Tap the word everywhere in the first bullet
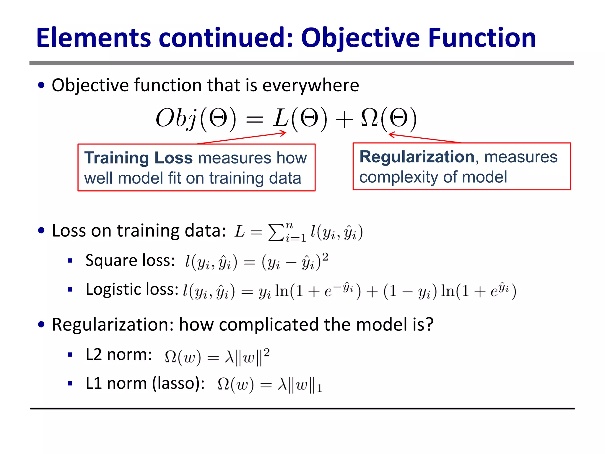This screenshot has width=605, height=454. point(310,85)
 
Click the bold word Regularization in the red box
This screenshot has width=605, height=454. point(417,156)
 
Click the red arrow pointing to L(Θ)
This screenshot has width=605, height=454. point(242,138)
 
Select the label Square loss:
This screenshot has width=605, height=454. point(130,260)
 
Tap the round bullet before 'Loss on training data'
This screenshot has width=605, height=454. point(41,231)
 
